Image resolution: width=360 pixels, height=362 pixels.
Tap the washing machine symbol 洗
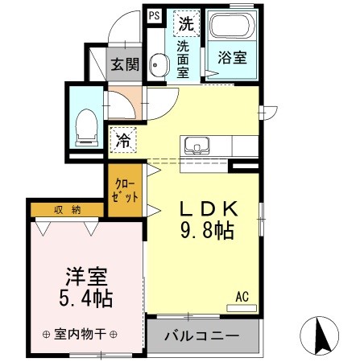point(186,24)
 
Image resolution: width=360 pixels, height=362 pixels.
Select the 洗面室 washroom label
point(184,61)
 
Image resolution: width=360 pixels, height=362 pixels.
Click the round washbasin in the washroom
point(158,67)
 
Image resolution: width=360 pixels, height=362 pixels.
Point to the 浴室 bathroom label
point(230,58)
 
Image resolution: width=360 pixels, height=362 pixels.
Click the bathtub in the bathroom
point(230,29)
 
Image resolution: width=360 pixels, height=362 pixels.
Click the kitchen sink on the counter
point(195,146)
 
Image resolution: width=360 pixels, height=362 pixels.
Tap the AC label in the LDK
point(242,297)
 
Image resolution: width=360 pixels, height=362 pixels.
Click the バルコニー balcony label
point(202,335)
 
